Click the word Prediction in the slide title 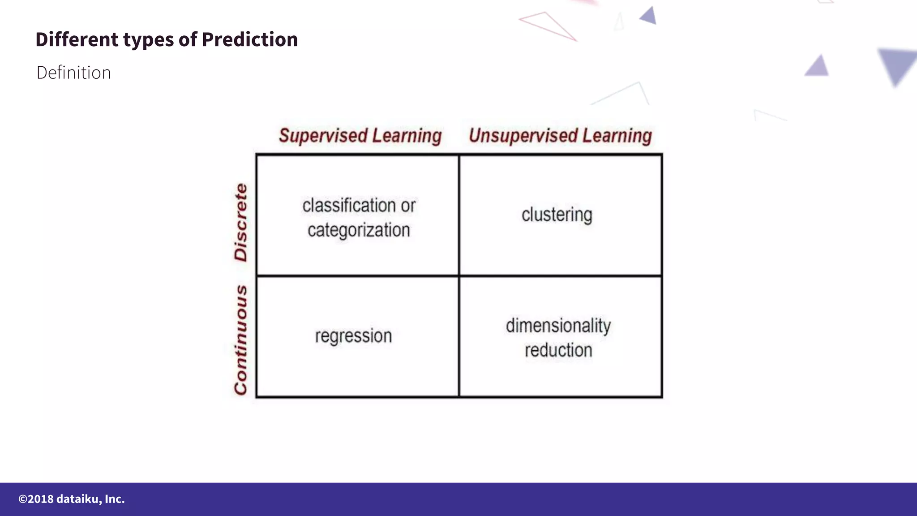pos(249,39)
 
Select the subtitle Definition pos(73,73)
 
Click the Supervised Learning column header pos(360,135)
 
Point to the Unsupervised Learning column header pos(560,135)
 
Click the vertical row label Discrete pos(241,222)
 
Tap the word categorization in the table pos(359,230)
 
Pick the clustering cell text pos(557,215)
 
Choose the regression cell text pos(353,336)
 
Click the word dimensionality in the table pos(558,326)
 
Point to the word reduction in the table pos(558,350)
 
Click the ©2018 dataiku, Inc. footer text pos(72,499)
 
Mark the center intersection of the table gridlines pos(459,275)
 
